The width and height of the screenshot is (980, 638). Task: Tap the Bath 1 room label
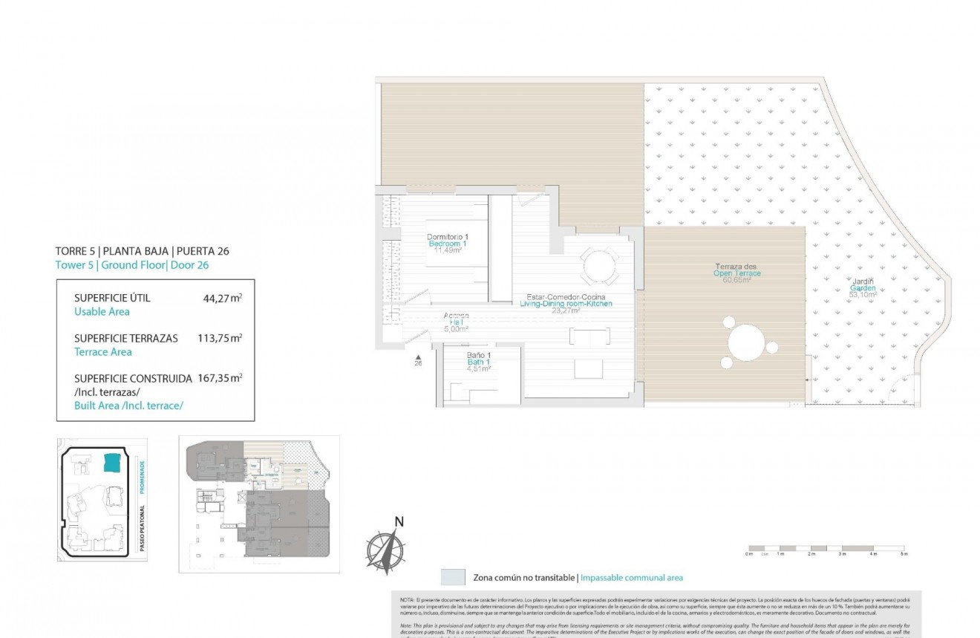[x=479, y=362]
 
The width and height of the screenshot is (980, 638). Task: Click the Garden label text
[x=863, y=288]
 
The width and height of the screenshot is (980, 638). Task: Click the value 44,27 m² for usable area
[x=222, y=298]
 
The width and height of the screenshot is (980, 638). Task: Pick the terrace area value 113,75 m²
[x=220, y=338]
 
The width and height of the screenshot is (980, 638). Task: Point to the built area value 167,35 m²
[x=220, y=378]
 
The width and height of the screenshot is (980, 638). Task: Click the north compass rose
[x=385, y=550]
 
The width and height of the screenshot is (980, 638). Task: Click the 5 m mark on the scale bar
[x=903, y=554]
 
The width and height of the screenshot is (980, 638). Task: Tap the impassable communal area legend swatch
[x=453, y=577]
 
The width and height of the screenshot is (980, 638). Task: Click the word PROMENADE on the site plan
[x=142, y=476]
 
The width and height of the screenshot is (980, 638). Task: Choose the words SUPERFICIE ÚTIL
[x=112, y=298]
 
